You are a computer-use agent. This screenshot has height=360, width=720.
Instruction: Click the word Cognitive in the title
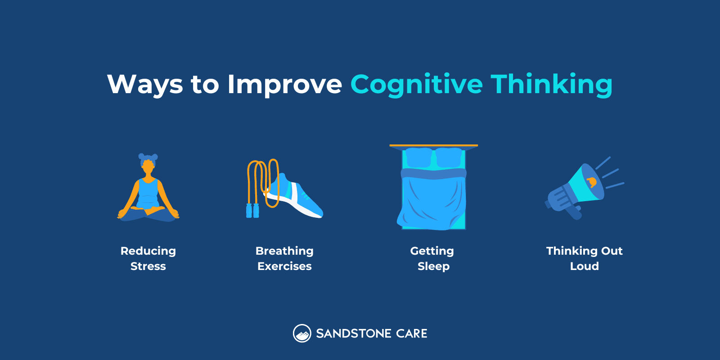[416, 85]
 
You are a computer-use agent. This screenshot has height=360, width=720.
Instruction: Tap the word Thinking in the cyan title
[551, 85]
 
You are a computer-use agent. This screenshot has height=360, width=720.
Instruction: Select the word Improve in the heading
[284, 85]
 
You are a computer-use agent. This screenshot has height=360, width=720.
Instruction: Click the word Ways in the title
[145, 85]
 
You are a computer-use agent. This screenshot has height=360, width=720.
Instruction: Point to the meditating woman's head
[148, 166]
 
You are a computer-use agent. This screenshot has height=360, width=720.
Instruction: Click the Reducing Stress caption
[148, 258]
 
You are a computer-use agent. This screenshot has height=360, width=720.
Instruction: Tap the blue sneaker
[297, 198]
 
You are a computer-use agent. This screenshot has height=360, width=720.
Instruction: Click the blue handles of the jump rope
[252, 211]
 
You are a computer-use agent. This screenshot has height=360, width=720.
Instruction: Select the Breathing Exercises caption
[284, 258]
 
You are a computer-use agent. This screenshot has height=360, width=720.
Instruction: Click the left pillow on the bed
[418, 157]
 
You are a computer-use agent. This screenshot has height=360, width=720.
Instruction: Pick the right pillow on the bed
[449, 157]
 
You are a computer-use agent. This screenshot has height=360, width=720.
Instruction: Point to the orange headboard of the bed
[433, 146]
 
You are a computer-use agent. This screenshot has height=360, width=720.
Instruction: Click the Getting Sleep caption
[432, 258]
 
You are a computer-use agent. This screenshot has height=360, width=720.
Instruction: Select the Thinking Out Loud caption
[584, 258]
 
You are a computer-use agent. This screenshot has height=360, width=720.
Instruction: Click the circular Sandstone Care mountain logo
[302, 333]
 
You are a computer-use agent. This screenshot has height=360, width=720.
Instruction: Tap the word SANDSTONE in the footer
[354, 333]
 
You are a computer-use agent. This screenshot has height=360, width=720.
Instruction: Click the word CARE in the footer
[412, 333]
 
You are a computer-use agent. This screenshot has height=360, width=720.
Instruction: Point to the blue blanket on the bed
[432, 202]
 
